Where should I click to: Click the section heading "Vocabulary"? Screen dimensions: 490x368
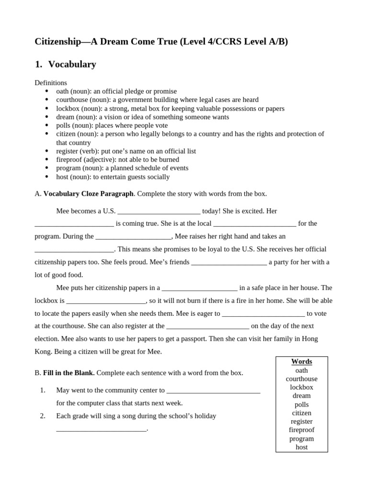(72, 64)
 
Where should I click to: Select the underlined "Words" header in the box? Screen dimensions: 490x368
(301, 362)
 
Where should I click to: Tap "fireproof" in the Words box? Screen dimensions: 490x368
(301, 430)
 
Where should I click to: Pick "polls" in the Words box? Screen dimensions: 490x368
(301, 404)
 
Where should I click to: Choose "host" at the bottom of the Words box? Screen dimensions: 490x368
(301, 447)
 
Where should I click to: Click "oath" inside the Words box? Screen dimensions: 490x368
(301, 370)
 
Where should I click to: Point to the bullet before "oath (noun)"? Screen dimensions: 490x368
(47, 91)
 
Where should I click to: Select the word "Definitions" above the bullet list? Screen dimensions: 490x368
(51, 83)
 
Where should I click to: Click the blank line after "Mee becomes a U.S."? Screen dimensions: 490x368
(159, 211)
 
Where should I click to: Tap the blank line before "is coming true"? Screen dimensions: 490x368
(74, 224)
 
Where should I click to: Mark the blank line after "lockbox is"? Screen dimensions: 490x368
(106, 301)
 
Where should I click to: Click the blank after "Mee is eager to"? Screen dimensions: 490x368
(264, 314)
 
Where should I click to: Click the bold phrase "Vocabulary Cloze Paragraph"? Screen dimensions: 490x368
(88, 194)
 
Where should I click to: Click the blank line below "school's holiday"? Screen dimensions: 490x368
(101, 429)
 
